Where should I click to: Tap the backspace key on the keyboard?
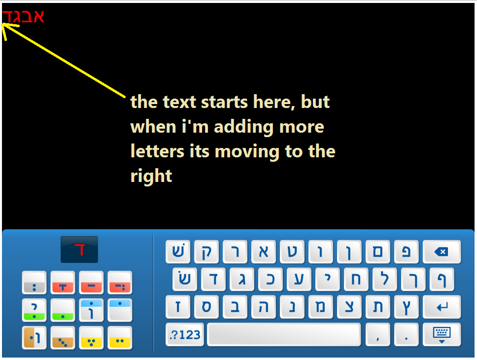(x=442, y=252)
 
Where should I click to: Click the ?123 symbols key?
(x=185, y=335)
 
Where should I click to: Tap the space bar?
(x=284, y=335)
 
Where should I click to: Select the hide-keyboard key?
(x=442, y=335)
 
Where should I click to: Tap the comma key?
(x=377, y=335)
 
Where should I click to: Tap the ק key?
(x=206, y=252)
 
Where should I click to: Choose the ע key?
(x=299, y=279)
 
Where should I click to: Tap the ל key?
(x=384, y=279)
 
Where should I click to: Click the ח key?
(x=356, y=279)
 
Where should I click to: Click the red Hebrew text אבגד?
(x=24, y=16)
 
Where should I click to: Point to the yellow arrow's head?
(x=2, y=24)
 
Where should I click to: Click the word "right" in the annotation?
(x=151, y=177)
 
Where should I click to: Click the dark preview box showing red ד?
(x=79, y=250)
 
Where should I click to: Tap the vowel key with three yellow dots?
(x=91, y=338)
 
